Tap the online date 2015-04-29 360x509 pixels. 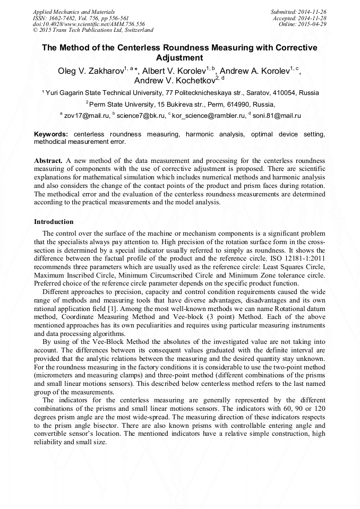click(315, 24)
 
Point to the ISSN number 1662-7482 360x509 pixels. click(63, 18)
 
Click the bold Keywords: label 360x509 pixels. click(50, 135)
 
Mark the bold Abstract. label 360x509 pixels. click(49, 160)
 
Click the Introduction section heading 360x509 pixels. click(54, 221)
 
